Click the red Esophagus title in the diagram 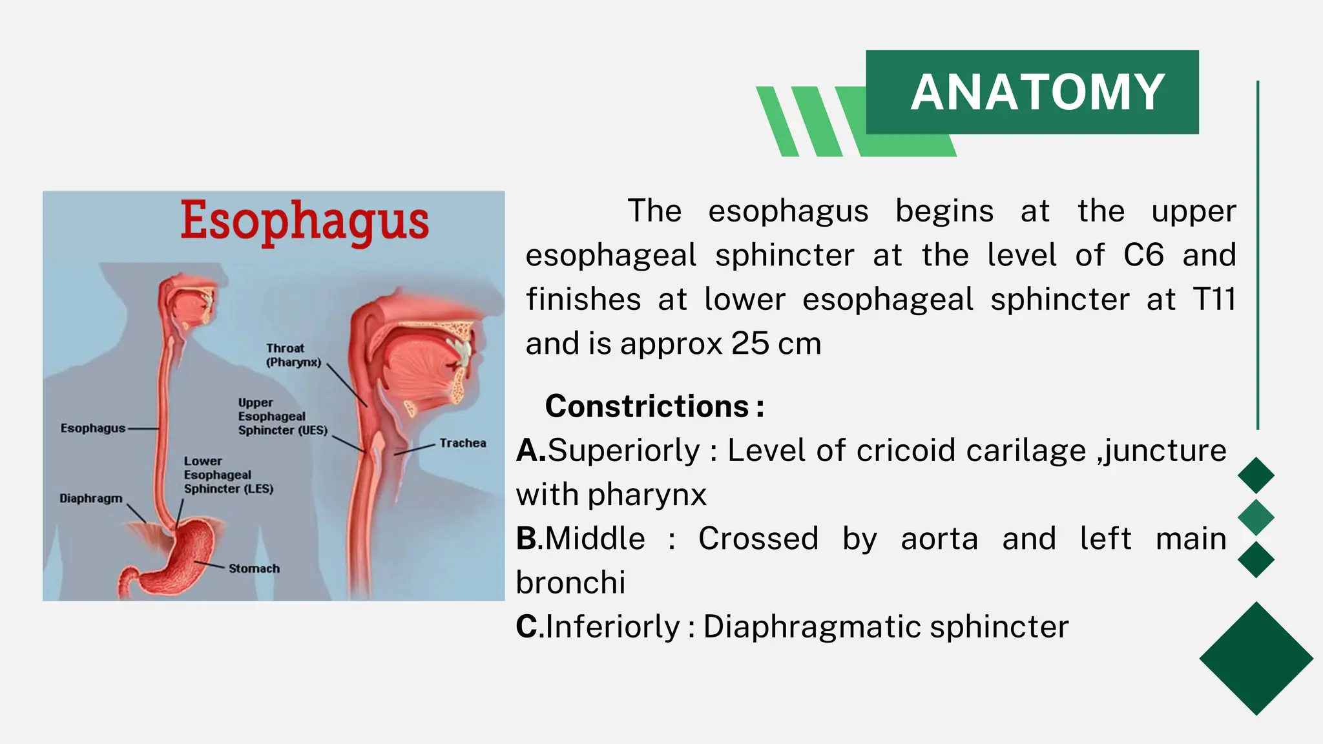click(x=304, y=221)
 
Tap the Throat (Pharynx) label click(x=293, y=355)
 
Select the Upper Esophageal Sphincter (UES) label click(x=282, y=417)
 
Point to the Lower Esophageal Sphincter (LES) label click(x=228, y=475)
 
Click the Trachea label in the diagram click(x=463, y=443)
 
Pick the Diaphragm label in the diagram click(x=90, y=499)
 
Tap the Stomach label click(x=254, y=568)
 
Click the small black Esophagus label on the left click(x=92, y=428)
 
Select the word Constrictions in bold click(x=647, y=406)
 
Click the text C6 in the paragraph click(x=1143, y=255)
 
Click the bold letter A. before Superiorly click(x=530, y=450)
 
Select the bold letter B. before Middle click(x=529, y=539)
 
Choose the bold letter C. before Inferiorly click(x=529, y=626)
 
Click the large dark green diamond click(x=1256, y=658)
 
